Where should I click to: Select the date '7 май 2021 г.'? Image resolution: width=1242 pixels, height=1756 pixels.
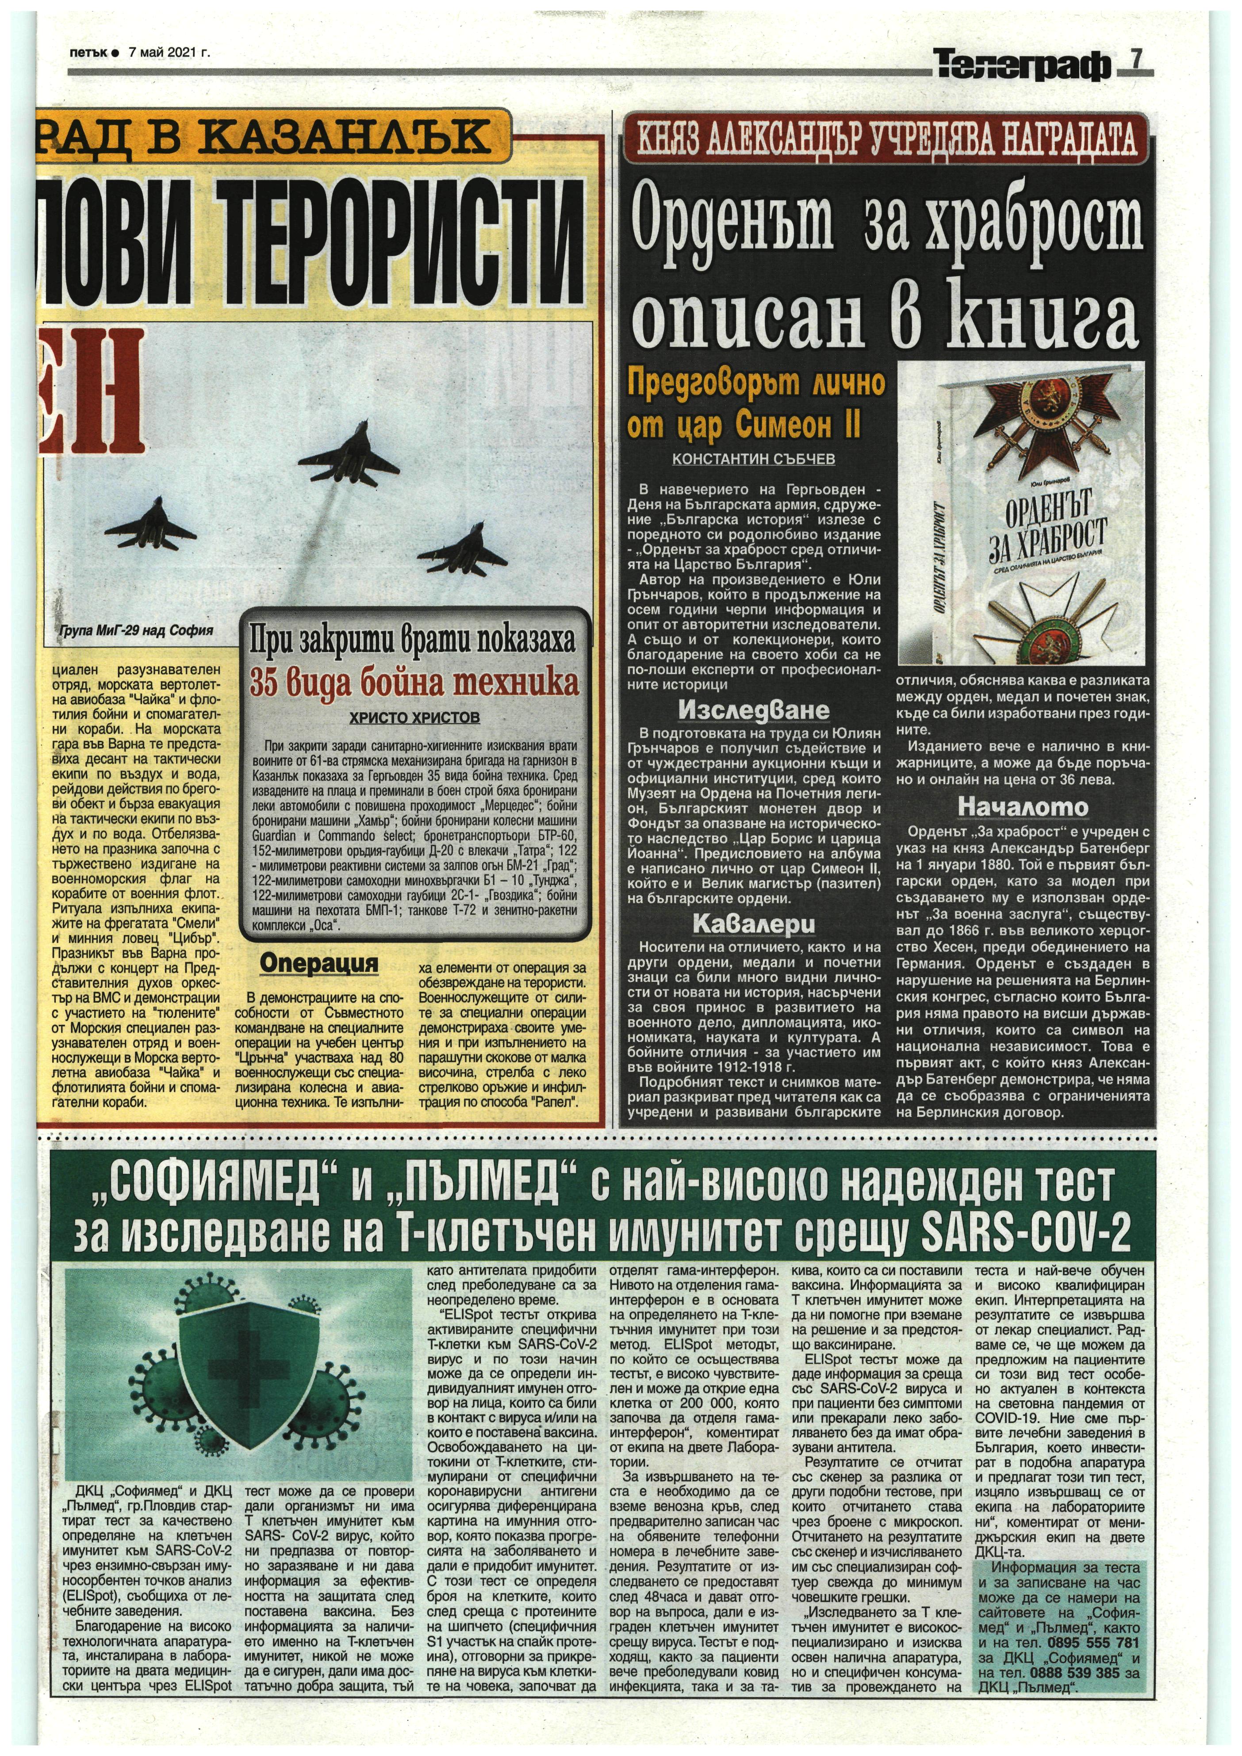click(x=170, y=53)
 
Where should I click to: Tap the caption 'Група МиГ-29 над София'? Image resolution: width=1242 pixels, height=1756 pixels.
click(x=135, y=631)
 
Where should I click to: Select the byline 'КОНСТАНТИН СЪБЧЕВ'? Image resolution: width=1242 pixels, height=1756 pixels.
click(x=754, y=460)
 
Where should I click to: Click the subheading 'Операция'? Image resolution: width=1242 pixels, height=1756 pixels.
click(x=319, y=962)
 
